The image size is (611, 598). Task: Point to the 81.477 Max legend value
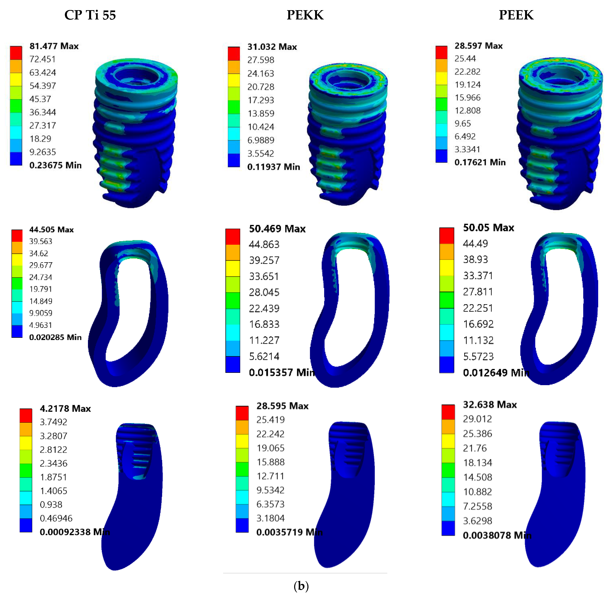point(54,46)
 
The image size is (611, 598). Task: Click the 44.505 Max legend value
point(51,230)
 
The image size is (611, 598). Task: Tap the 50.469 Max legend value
point(277,229)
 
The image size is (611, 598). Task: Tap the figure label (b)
point(301,586)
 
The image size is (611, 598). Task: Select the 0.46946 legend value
point(56,518)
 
